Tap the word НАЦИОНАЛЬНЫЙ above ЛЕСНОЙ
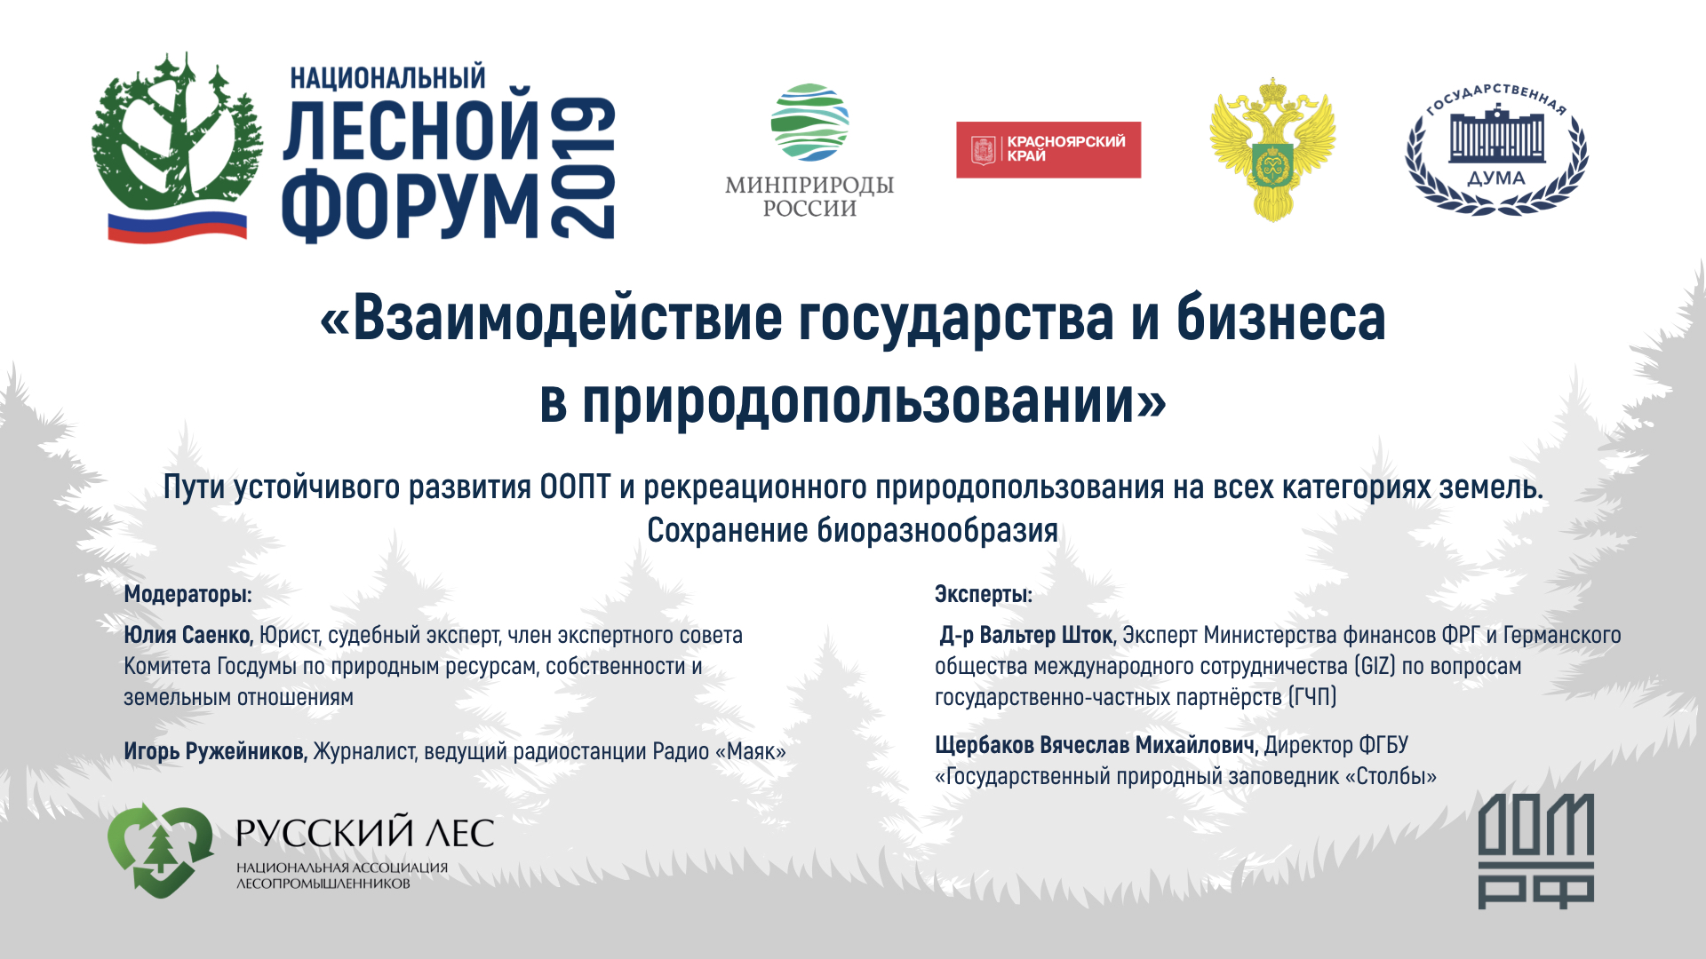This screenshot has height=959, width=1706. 387,78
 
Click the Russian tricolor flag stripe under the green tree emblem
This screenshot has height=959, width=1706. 177,226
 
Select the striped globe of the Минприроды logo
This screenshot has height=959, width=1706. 809,123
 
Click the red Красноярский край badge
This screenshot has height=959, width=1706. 1048,149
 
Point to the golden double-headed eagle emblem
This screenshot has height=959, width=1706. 1272,148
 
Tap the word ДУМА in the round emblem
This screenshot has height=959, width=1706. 1496,178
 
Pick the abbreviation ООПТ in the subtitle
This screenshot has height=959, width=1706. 575,487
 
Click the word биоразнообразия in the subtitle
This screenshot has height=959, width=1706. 937,531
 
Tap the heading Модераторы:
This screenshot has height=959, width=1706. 187,594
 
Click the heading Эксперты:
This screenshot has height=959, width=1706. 983,594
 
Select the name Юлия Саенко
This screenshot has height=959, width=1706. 188,636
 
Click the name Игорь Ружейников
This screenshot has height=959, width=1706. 215,751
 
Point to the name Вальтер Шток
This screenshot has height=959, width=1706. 1046,636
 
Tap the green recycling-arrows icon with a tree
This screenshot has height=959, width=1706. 160,850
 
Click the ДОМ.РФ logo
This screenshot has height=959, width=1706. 1535,852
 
